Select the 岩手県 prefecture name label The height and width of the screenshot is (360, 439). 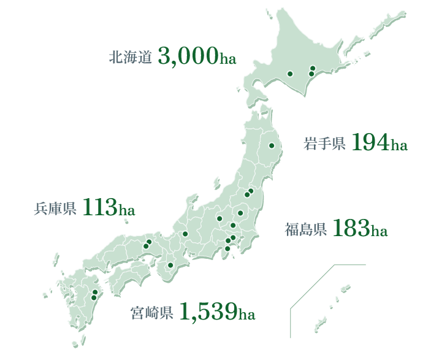point(325,145)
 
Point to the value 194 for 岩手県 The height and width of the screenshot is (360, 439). point(372,143)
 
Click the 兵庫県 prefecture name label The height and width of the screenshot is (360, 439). point(55,209)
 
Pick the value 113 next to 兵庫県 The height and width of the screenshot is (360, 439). point(100,207)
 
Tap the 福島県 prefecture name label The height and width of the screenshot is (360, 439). point(305,231)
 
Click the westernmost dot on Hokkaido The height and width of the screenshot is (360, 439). point(290,74)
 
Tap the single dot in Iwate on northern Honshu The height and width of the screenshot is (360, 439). point(270,145)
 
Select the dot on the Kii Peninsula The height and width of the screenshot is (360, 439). point(170,266)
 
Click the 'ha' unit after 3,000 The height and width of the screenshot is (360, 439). point(228,59)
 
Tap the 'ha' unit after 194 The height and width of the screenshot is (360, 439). point(399,146)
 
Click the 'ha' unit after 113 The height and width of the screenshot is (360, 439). point(127,210)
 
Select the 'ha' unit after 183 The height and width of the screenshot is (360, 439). point(380,232)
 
